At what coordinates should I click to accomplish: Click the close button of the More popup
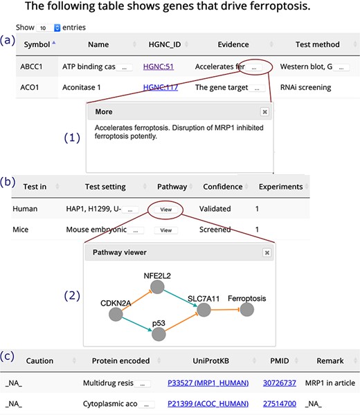[264, 111]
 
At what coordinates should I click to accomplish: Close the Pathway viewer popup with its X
[267, 253]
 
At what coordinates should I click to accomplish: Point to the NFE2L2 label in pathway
[157, 275]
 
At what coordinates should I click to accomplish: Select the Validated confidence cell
[219, 207]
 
